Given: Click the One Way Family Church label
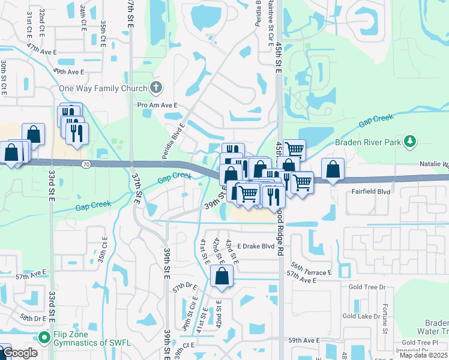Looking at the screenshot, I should [103, 89].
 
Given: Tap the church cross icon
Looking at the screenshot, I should [156, 88].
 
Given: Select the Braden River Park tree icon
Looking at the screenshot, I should [410, 142].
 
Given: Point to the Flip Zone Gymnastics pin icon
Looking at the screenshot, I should [43, 338].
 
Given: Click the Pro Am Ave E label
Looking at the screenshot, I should [158, 105].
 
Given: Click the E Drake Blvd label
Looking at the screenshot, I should [247, 247].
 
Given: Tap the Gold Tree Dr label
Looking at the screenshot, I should [366, 287].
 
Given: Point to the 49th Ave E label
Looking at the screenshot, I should [68, 71].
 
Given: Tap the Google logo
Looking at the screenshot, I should [20, 353].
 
